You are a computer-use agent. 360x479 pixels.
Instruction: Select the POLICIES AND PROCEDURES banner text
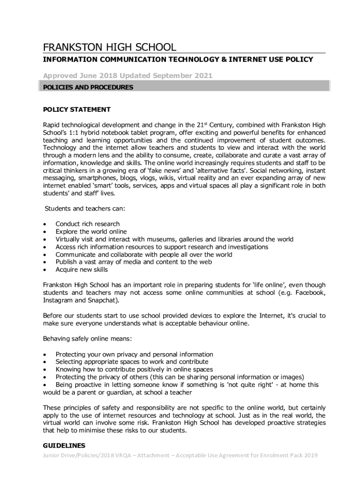point(88,87)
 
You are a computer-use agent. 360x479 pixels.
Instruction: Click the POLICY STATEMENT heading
point(77,109)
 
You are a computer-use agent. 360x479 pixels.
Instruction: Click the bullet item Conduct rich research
point(87,224)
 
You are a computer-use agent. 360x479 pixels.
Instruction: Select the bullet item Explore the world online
point(91,232)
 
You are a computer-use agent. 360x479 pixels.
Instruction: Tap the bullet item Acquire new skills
point(81,269)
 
